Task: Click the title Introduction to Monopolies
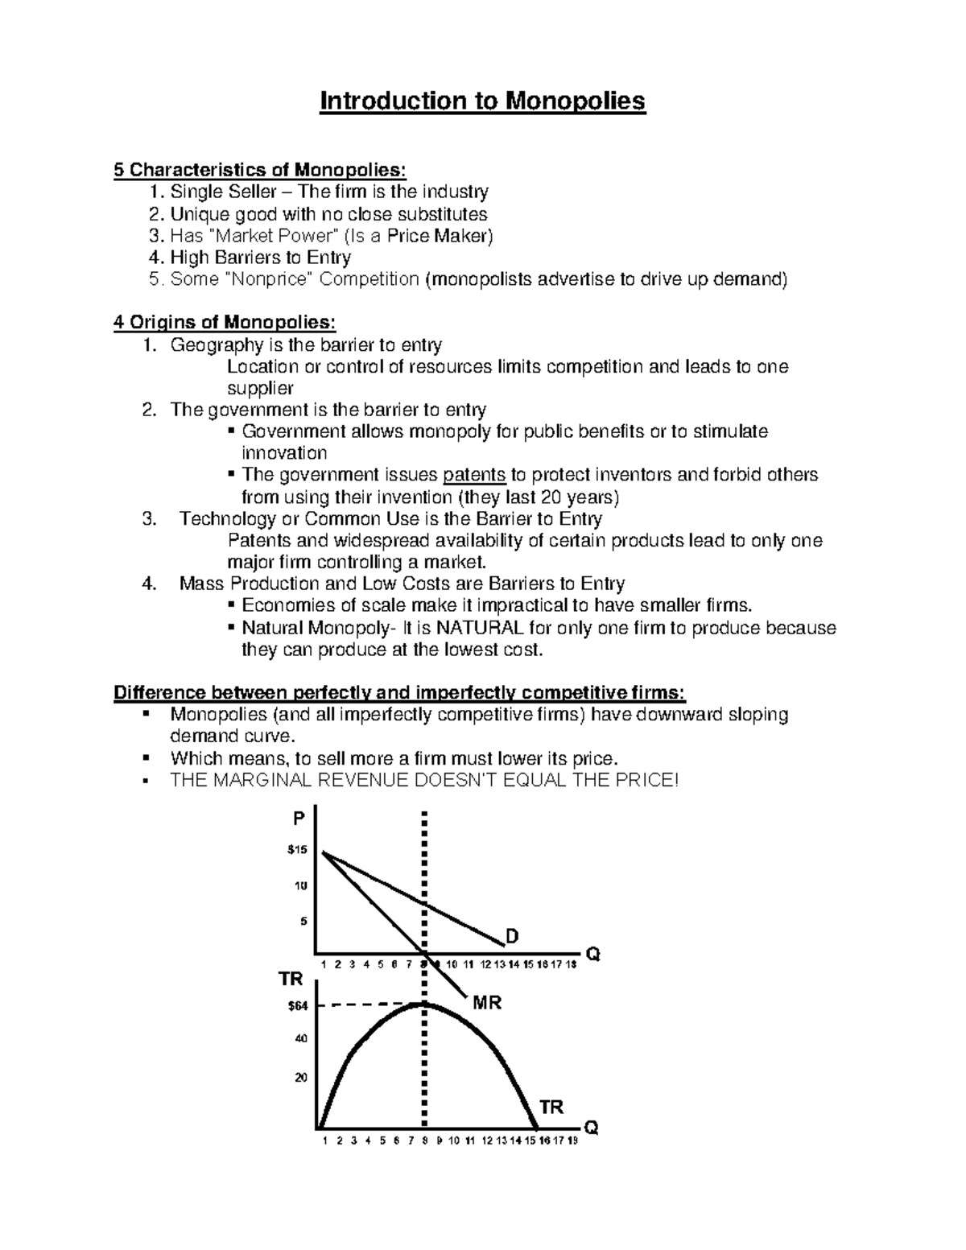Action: coord(483,101)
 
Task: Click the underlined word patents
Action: coord(474,474)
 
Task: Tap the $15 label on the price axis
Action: coord(297,850)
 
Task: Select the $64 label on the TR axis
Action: coord(297,1005)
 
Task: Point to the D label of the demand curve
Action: coord(512,936)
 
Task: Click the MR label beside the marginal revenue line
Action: coord(487,1003)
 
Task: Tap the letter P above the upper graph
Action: coord(299,819)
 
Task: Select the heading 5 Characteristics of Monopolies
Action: coord(261,170)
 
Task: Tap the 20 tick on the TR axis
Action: coord(300,1078)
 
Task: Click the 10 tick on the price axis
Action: coord(300,886)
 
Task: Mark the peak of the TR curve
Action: coord(423,1004)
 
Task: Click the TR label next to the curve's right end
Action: coord(551,1107)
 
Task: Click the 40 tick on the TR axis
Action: coord(300,1038)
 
